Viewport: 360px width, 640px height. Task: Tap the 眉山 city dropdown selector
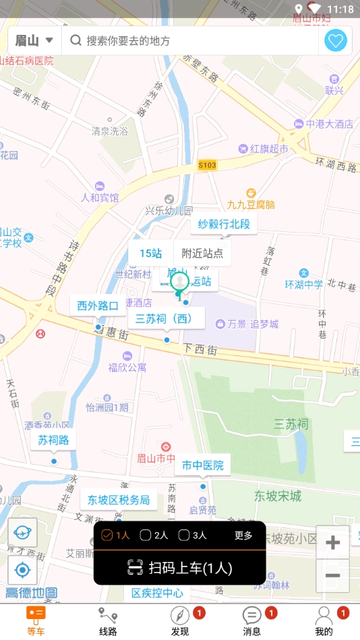click(34, 40)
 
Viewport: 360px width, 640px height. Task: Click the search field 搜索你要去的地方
click(189, 40)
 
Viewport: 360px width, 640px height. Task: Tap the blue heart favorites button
click(335, 40)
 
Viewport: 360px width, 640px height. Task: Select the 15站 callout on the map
click(151, 254)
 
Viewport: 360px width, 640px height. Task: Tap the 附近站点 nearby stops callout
click(202, 254)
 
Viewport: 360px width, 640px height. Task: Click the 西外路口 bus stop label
click(98, 306)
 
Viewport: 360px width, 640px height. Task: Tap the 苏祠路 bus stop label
click(53, 440)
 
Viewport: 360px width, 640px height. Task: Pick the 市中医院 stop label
click(202, 465)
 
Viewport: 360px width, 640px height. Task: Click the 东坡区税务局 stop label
click(118, 500)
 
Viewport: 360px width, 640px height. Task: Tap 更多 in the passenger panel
click(243, 535)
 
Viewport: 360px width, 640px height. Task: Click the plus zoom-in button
click(332, 542)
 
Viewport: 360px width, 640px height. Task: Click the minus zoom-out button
click(332, 575)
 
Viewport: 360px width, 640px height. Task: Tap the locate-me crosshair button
click(22, 571)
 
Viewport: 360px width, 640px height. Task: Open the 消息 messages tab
click(251, 621)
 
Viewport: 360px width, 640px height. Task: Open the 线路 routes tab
click(108, 621)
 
